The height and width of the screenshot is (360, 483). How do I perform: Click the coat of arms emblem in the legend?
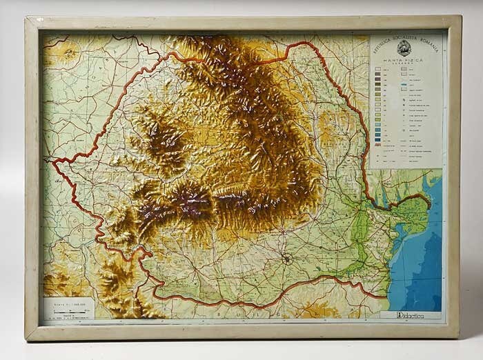[x=404, y=48]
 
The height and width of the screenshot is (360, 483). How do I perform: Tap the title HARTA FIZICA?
[x=404, y=61]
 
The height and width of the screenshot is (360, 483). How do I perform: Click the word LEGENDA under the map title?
[x=404, y=66]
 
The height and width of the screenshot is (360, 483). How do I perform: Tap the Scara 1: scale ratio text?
[x=66, y=302]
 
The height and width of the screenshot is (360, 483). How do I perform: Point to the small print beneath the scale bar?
[x=68, y=317]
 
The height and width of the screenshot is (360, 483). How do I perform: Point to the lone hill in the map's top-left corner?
[x=63, y=52]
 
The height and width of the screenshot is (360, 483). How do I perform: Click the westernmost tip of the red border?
[x=52, y=160]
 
